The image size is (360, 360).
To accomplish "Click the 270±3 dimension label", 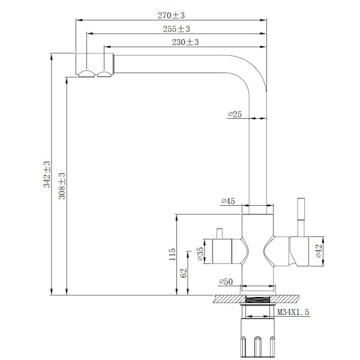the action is tap(171, 16).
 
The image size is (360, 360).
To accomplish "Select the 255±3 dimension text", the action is tap(176, 29).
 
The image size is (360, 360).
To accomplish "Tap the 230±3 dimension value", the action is tap(185, 42).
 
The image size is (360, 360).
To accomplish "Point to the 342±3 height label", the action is tap(47, 174).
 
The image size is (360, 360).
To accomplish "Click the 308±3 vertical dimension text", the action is tap(62, 186).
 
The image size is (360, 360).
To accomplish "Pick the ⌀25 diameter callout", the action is tap(235, 114).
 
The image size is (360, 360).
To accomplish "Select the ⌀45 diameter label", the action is tap(228, 201).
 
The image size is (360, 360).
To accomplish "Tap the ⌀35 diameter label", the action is tap(200, 254).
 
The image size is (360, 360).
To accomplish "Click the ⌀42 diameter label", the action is tap(319, 251).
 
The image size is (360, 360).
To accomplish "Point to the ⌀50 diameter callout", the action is tap(226, 281).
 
